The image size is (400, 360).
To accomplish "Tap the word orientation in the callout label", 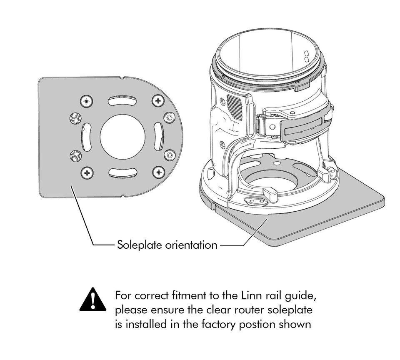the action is [191, 245].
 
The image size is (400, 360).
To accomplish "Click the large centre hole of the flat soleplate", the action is [122, 137].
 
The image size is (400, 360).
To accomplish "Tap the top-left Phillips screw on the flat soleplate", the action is [87, 101].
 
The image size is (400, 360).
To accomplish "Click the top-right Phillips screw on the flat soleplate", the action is [158, 101].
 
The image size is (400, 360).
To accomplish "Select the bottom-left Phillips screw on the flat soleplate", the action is [87, 173].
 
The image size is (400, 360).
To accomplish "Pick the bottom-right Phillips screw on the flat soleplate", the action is [159, 173].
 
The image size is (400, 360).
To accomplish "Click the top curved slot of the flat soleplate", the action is [122, 100].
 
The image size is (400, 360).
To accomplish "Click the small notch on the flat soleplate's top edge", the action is [122, 77].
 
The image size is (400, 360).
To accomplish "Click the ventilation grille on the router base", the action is [234, 107].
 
